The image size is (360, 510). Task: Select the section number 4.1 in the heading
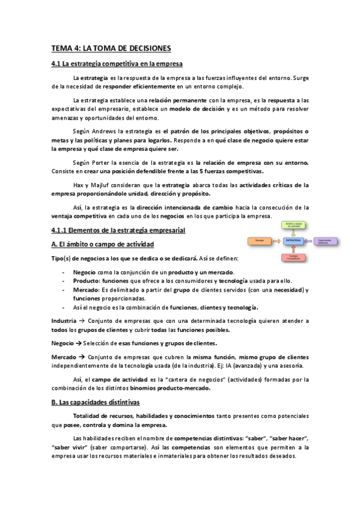(58, 64)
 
